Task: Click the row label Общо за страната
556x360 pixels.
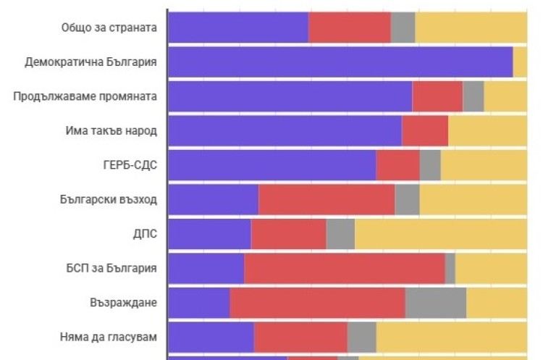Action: [x=109, y=28]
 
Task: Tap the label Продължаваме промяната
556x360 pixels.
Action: [x=85, y=96]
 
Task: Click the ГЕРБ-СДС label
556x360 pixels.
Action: [x=130, y=165]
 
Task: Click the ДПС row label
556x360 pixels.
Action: [x=146, y=234]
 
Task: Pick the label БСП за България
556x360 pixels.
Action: [x=111, y=269]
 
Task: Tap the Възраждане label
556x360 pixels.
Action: [x=124, y=303]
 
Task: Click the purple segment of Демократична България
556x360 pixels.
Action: [x=340, y=62]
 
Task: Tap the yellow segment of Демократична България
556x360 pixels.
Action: [x=520, y=62]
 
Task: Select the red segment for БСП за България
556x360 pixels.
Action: [x=344, y=269]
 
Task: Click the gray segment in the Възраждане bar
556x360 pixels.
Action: [x=435, y=303]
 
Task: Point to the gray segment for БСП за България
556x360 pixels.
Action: [x=450, y=269]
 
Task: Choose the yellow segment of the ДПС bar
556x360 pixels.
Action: [x=440, y=234]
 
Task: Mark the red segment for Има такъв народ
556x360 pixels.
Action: [x=424, y=131]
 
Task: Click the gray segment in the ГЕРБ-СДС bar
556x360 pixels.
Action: [x=430, y=165]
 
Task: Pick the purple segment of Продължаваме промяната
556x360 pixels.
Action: [x=290, y=96]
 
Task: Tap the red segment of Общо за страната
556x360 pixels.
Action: [x=349, y=28]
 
